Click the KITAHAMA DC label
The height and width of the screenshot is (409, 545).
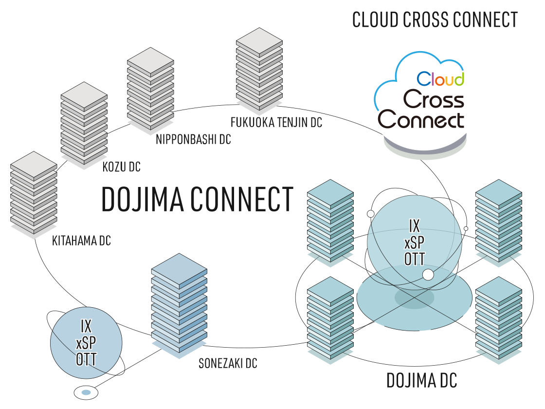[81, 241]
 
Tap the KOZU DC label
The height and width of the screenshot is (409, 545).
[121, 167]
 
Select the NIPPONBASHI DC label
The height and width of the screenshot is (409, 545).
[193, 140]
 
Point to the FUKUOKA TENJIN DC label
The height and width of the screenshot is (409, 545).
[276, 122]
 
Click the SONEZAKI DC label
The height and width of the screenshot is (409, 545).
[228, 363]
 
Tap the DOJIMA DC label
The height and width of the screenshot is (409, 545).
[421, 381]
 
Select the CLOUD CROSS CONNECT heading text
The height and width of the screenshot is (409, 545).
[435, 20]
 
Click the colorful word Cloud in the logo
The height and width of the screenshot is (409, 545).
[440, 78]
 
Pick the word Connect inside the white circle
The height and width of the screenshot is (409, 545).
[421, 120]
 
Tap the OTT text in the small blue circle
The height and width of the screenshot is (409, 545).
[86, 360]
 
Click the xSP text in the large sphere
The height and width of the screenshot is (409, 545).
[415, 242]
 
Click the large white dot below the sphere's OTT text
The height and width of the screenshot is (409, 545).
[428, 275]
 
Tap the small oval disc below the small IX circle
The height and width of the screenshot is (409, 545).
[86, 392]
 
